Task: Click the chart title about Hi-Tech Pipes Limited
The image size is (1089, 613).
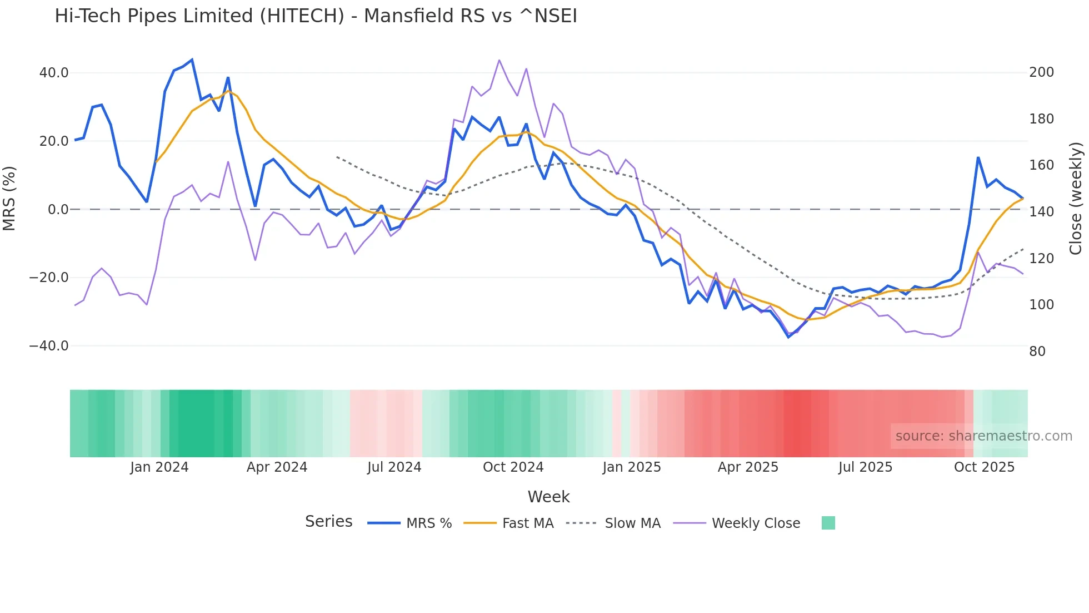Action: (316, 16)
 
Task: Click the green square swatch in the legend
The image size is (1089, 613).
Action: (828, 523)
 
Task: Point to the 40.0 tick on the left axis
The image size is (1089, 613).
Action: (54, 73)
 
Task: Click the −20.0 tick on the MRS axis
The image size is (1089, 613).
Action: (49, 278)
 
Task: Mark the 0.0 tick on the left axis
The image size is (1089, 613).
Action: (58, 210)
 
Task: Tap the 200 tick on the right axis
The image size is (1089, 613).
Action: (1041, 72)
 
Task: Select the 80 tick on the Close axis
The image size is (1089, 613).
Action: (1037, 352)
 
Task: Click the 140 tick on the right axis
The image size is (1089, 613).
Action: (1041, 212)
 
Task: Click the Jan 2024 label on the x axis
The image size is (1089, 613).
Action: (159, 467)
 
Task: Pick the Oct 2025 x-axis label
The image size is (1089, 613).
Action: (984, 467)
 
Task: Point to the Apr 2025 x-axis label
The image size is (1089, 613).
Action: (748, 467)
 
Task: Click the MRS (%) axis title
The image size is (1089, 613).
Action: (9, 199)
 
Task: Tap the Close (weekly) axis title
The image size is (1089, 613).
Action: (1076, 199)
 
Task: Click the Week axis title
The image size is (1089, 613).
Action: (548, 497)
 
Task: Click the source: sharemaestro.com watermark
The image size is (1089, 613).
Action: (983, 436)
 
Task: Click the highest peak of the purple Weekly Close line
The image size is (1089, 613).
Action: (499, 60)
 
